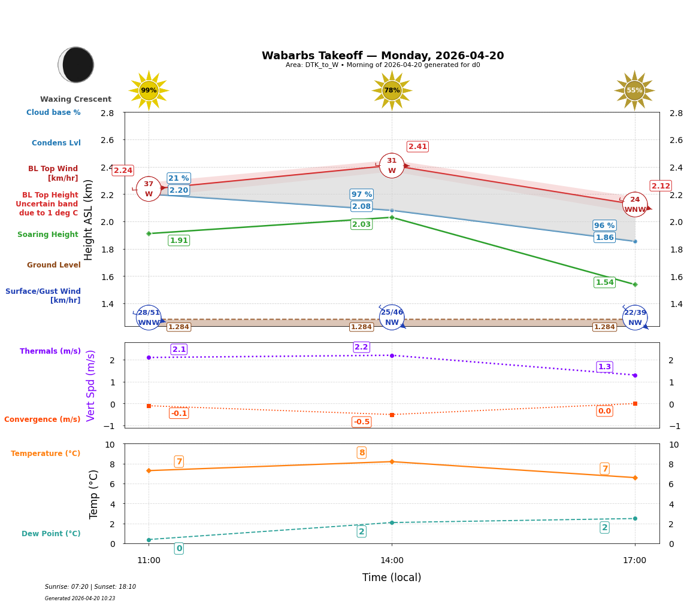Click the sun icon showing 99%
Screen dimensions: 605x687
click(x=149, y=90)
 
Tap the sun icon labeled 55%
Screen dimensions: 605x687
click(x=634, y=90)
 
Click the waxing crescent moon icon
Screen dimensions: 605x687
click(x=76, y=65)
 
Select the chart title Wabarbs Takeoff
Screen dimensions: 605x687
click(x=383, y=56)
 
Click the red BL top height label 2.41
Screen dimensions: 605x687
click(x=417, y=147)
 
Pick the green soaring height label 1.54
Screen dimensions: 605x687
click(x=604, y=282)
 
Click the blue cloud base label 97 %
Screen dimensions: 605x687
click(x=361, y=194)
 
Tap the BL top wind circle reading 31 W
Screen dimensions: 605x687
click(x=392, y=166)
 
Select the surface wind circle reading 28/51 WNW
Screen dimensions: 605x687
click(x=149, y=317)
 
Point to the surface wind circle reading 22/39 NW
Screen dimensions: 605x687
click(x=635, y=317)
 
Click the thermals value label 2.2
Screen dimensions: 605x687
click(x=361, y=347)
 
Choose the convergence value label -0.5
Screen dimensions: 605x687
click(x=361, y=422)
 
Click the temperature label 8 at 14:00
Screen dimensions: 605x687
click(x=361, y=452)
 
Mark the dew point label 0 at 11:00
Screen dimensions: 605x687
click(x=178, y=548)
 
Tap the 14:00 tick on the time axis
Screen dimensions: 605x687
click(x=392, y=560)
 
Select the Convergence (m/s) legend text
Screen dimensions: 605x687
click(x=43, y=419)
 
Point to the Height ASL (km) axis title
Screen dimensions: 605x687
click(x=89, y=220)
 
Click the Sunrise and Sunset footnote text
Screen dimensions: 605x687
click(x=90, y=587)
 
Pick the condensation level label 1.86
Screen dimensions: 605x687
click(x=604, y=238)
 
